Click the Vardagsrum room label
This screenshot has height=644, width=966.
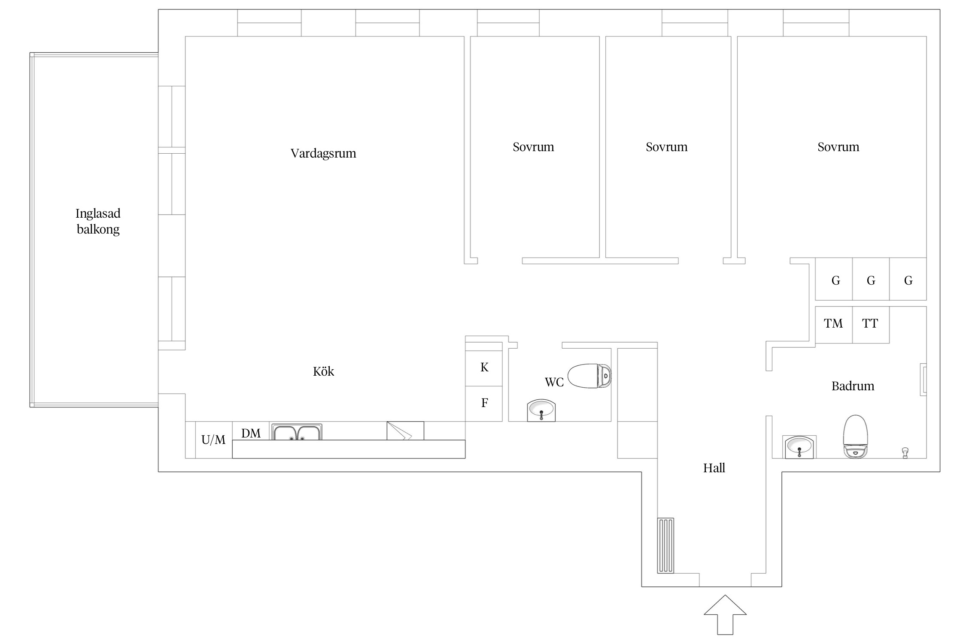(x=323, y=153)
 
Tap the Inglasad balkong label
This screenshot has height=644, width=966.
(x=98, y=221)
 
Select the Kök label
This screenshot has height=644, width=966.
(x=323, y=371)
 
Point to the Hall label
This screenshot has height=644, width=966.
(x=714, y=468)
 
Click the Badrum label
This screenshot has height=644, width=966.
(x=853, y=386)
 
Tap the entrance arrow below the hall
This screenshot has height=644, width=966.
(x=725, y=614)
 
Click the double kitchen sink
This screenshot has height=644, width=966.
(x=297, y=432)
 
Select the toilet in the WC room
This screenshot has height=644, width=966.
(x=589, y=376)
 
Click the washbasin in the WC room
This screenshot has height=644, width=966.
(x=541, y=410)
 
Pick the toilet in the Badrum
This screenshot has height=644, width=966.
(x=856, y=437)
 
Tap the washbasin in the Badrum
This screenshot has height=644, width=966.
(x=799, y=447)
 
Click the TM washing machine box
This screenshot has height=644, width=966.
(x=834, y=325)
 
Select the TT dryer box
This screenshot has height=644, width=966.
(x=871, y=325)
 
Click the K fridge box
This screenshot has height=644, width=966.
(x=484, y=368)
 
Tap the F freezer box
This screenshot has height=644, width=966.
(x=484, y=404)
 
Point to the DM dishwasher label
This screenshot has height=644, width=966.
(x=251, y=433)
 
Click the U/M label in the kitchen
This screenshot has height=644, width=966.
(x=213, y=440)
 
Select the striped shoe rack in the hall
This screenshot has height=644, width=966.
(x=665, y=546)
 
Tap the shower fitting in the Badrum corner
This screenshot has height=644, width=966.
(x=905, y=453)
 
